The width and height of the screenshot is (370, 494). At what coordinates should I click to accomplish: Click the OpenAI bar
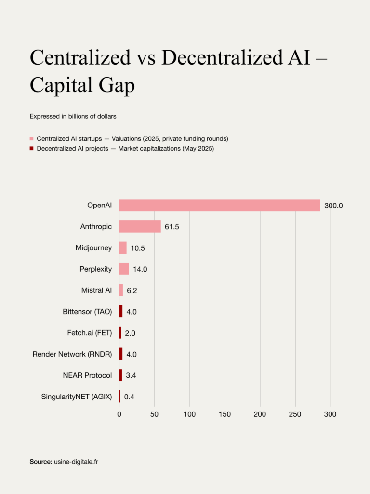(220, 206)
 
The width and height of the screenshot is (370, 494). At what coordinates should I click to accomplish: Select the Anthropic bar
(140, 227)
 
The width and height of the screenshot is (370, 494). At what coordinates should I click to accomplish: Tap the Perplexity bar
(124, 269)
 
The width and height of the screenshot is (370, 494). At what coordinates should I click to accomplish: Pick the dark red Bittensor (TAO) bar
(121, 312)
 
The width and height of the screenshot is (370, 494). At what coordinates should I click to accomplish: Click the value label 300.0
(333, 206)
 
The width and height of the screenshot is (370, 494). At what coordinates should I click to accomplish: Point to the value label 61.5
(172, 227)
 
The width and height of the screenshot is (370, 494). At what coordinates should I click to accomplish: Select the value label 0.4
(129, 397)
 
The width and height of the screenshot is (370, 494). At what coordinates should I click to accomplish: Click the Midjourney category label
(93, 248)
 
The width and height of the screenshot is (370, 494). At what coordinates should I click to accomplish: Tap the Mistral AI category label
(96, 290)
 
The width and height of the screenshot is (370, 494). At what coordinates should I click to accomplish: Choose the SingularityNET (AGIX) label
(77, 397)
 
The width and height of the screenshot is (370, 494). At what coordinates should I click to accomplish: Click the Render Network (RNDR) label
(72, 354)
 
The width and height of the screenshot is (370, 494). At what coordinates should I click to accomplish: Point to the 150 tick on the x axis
(225, 414)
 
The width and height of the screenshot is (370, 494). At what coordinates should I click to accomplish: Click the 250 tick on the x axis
(295, 414)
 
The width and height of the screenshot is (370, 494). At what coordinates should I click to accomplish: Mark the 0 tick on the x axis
(119, 414)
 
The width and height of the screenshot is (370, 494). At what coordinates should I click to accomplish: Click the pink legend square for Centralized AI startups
(32, 139)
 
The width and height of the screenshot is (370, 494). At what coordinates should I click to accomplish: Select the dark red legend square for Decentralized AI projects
(32, 149)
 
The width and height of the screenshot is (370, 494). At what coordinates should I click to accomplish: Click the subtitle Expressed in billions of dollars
(72, 116)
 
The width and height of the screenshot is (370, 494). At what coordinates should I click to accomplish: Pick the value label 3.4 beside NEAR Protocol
(132, 376)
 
